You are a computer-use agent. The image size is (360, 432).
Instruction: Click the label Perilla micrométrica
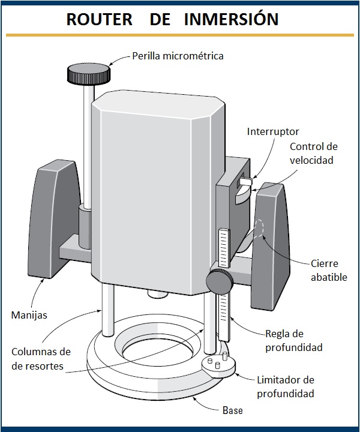pyautogui.click(x=178, y=56)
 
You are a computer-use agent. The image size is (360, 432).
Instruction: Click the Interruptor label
pyautogui.click(x=273, y=131)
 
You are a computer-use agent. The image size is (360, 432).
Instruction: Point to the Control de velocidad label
pyautogui.click(x=313, y=154)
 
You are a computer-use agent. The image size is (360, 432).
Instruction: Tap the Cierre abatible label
pyautogui.click(x=325, y=269)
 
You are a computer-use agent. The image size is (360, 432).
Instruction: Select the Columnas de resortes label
pyautogui.click(x=40, y=358)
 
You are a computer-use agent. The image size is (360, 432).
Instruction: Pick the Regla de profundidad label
pyautogui.click(x=294, y=340)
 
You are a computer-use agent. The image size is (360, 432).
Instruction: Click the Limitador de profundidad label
pyautogui.click(x=286, y=387)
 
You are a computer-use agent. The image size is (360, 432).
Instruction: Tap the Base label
pyautogui.click(x=233, y=411)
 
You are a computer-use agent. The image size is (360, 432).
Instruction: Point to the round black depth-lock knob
pyautogui.click(x=220, y=280)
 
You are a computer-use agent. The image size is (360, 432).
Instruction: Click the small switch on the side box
pyautogui.click(x=244, y=180)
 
